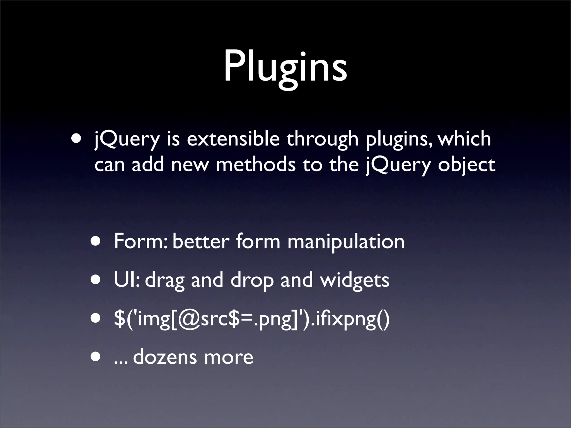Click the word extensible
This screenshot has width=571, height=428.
(233, 138)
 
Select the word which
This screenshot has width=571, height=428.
(464, 138)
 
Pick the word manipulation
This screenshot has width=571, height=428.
(346, 241)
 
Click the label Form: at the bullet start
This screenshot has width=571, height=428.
(141, 241)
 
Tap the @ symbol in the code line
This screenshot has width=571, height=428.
(189, 319)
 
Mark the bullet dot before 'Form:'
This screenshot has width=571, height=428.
(96, 241)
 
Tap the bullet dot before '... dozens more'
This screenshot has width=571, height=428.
(96, 357)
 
